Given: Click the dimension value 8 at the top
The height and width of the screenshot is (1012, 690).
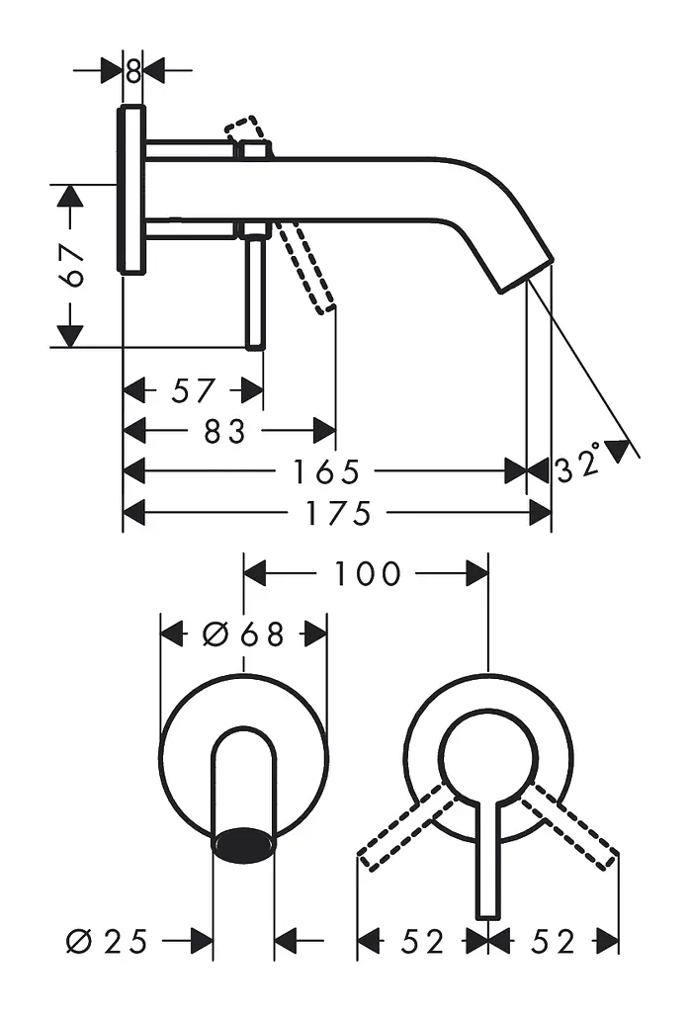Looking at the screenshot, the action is [x=133, y=71].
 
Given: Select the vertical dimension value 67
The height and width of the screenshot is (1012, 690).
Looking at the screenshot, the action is [x=71, y=266].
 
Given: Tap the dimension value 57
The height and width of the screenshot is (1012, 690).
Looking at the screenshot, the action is [x=193, y=391].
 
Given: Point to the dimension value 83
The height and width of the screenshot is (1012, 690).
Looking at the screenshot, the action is [x=224, y=431].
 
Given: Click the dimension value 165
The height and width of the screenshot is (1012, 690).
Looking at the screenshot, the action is [x=326, y=471].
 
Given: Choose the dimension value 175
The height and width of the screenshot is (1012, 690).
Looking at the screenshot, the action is [x=338, y=513].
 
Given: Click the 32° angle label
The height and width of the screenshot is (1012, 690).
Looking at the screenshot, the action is [x=578, y=464].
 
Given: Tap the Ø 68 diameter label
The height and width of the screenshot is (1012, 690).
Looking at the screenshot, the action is [x=243, y=634].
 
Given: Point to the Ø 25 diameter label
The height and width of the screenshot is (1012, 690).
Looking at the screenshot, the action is [x=107, y=942].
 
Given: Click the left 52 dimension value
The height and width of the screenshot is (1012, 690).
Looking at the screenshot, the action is [x=423, y=942].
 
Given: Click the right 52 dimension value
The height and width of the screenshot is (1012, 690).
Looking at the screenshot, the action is [x=553, y=942].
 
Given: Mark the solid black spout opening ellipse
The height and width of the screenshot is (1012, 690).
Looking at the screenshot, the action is [x=243, y=844].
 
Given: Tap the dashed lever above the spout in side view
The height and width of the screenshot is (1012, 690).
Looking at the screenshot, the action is [x=246, y=129].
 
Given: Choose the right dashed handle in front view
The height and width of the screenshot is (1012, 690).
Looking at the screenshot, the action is [x=570, y=825].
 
